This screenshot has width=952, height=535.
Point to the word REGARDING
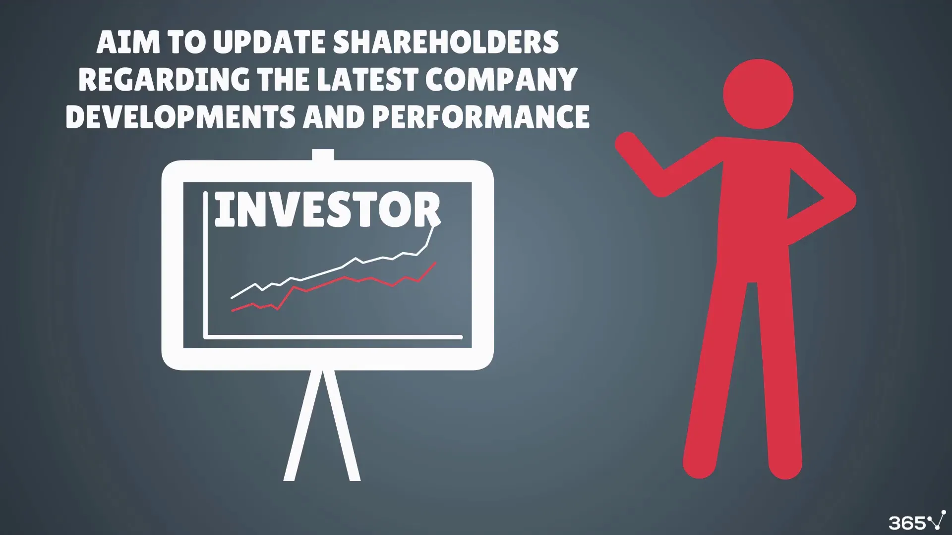[x=164, y=79]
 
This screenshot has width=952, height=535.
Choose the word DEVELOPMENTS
[x=181, y=116]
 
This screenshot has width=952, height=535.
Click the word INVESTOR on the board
[x=327, y=210]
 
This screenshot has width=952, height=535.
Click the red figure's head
[x=758, y=94]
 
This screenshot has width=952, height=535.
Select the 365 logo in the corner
[x=917, y=522]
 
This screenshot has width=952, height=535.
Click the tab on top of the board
[x=323, y=155]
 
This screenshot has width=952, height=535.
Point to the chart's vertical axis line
[x=205, y=265]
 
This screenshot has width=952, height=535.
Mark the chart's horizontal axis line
[x=333, y=337]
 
